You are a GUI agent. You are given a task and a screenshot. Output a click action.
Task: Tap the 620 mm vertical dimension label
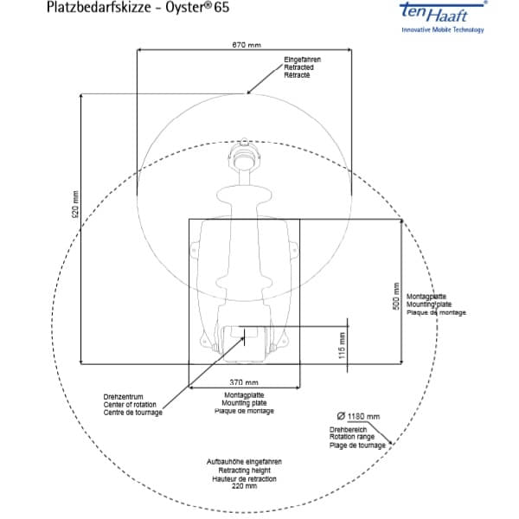(74, 206)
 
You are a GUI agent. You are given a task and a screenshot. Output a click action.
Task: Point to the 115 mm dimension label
(342, 345)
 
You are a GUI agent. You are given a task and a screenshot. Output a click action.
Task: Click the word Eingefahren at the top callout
(303, 59)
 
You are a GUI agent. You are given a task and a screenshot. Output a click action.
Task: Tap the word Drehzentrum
(120, 397)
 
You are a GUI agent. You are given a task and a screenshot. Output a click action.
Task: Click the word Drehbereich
(348, 429)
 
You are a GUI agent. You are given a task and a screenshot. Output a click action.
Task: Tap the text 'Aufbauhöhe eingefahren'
(244, 462)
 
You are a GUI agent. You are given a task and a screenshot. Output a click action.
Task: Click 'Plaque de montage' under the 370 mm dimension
(246, 411)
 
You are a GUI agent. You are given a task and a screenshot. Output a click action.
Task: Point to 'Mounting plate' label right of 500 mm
(428, 304)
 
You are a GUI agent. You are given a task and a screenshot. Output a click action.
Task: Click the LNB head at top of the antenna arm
(244, 159)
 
